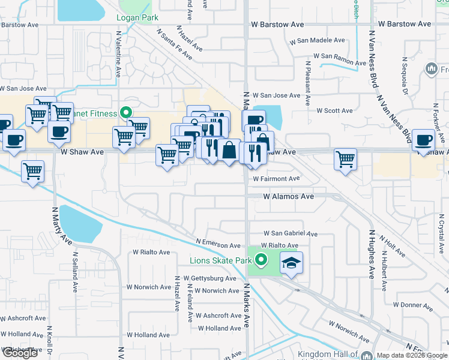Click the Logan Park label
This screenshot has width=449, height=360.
pyautogui.click(x=137, y=17)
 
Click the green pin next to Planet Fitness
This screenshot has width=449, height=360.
pyautogui.click(x=126, y=111)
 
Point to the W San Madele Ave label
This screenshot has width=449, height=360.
pyautogui.click(x=317, y=41)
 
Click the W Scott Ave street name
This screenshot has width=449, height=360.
pyautogui.click(x=335, y=110)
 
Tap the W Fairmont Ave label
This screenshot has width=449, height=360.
pyautogui.click(x=276, y=179)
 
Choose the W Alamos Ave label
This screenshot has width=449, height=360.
pyautogui.click(x=289, y=196)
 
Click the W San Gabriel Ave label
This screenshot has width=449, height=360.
pyautogui.click(x=291, y=233)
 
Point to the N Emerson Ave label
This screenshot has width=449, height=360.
pyautogui.click(x=218, y=243)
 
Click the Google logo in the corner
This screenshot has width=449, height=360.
pyautogui.click(x=20, y=353)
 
